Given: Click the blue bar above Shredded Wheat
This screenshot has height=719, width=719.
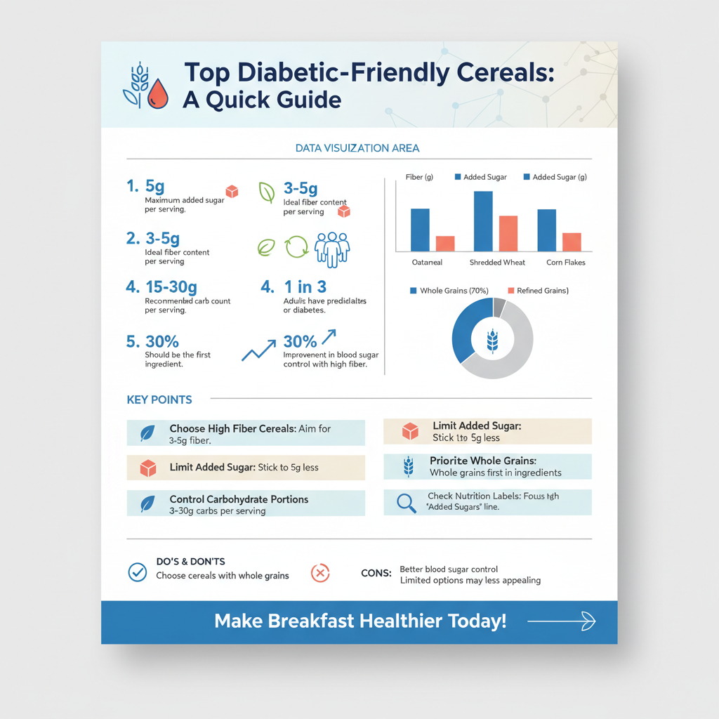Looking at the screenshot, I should click(483, 221).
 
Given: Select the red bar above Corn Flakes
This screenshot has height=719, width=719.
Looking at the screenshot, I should click(572, 242).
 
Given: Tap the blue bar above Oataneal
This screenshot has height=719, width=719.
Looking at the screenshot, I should click(420, 230).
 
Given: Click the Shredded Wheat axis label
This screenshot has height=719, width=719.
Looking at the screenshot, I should click(497, 262).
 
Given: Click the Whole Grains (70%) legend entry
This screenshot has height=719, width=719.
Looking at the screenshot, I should click(449, 290).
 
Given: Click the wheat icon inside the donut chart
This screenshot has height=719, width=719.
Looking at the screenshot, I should click(492, 341).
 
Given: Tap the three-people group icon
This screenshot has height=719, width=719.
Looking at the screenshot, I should click(332, 249).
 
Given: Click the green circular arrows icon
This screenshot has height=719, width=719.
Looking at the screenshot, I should click(296, 248).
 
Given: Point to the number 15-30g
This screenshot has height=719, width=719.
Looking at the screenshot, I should click(171, 287).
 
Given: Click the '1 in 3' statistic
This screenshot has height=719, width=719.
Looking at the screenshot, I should click(305, 286).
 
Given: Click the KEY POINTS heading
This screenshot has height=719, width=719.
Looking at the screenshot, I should click(159, 400).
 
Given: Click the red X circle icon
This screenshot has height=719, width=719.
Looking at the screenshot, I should click(319, 573).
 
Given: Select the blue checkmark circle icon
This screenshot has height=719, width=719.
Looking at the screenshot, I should click(137, 572).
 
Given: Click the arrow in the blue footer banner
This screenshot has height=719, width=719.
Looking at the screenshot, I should click(561, 621).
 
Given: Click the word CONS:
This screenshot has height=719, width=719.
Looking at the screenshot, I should click(376, 574).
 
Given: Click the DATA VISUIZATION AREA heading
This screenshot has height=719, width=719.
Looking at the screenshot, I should click(357, 148).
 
